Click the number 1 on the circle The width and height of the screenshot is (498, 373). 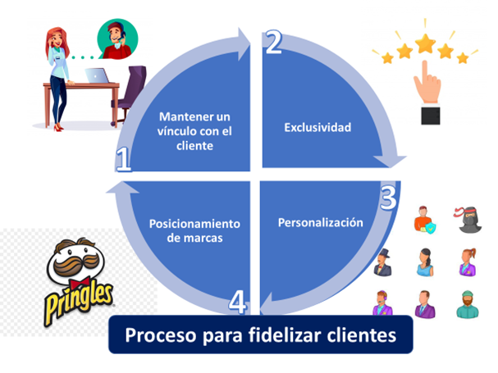(x=124, y=161)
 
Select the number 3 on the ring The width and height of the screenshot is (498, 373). (x=388, y=197)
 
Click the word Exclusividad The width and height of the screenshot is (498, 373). (x=318, y=127)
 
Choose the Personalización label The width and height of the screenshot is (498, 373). (x=320, y=222)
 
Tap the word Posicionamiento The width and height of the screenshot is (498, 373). (x=194, y=223)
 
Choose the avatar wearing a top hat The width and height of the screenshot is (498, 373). (x=383, y=262)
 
